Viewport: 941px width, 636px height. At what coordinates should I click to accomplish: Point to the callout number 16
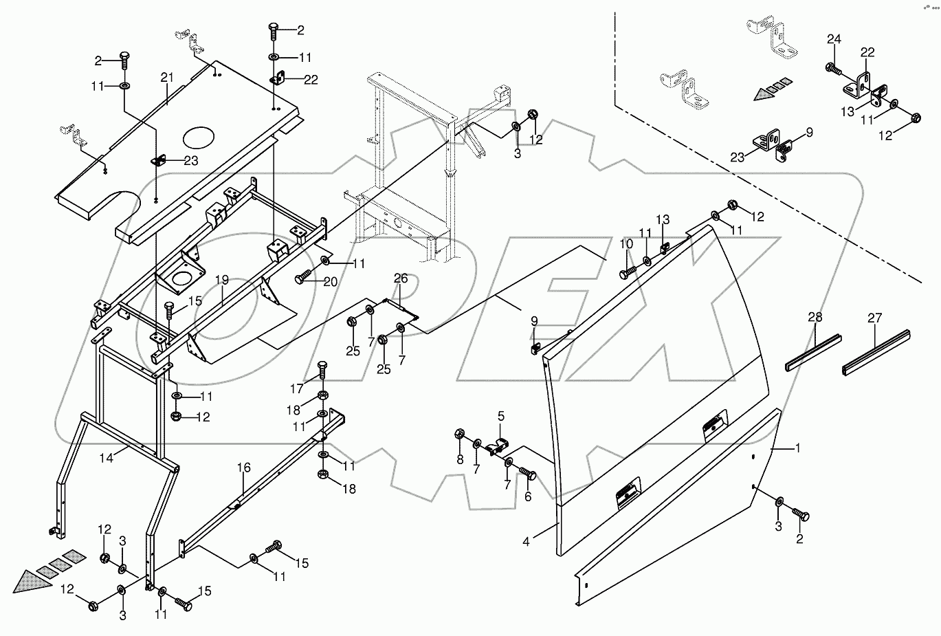tap(244, 468)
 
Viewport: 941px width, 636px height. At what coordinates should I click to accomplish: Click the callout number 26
tap(401, 278)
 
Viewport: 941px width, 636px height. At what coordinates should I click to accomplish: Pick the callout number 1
tap(797, 448)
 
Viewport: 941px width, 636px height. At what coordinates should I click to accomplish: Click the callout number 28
tap(815, 318)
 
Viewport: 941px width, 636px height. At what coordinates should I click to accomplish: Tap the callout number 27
tap(874, 318)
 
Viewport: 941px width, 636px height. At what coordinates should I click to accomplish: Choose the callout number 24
tap(833, 39)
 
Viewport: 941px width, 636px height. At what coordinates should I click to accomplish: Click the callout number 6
tap(528, 496)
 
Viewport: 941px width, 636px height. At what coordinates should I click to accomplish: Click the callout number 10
tap(626, 244)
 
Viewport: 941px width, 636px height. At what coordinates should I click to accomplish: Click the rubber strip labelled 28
tap(813, 351)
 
